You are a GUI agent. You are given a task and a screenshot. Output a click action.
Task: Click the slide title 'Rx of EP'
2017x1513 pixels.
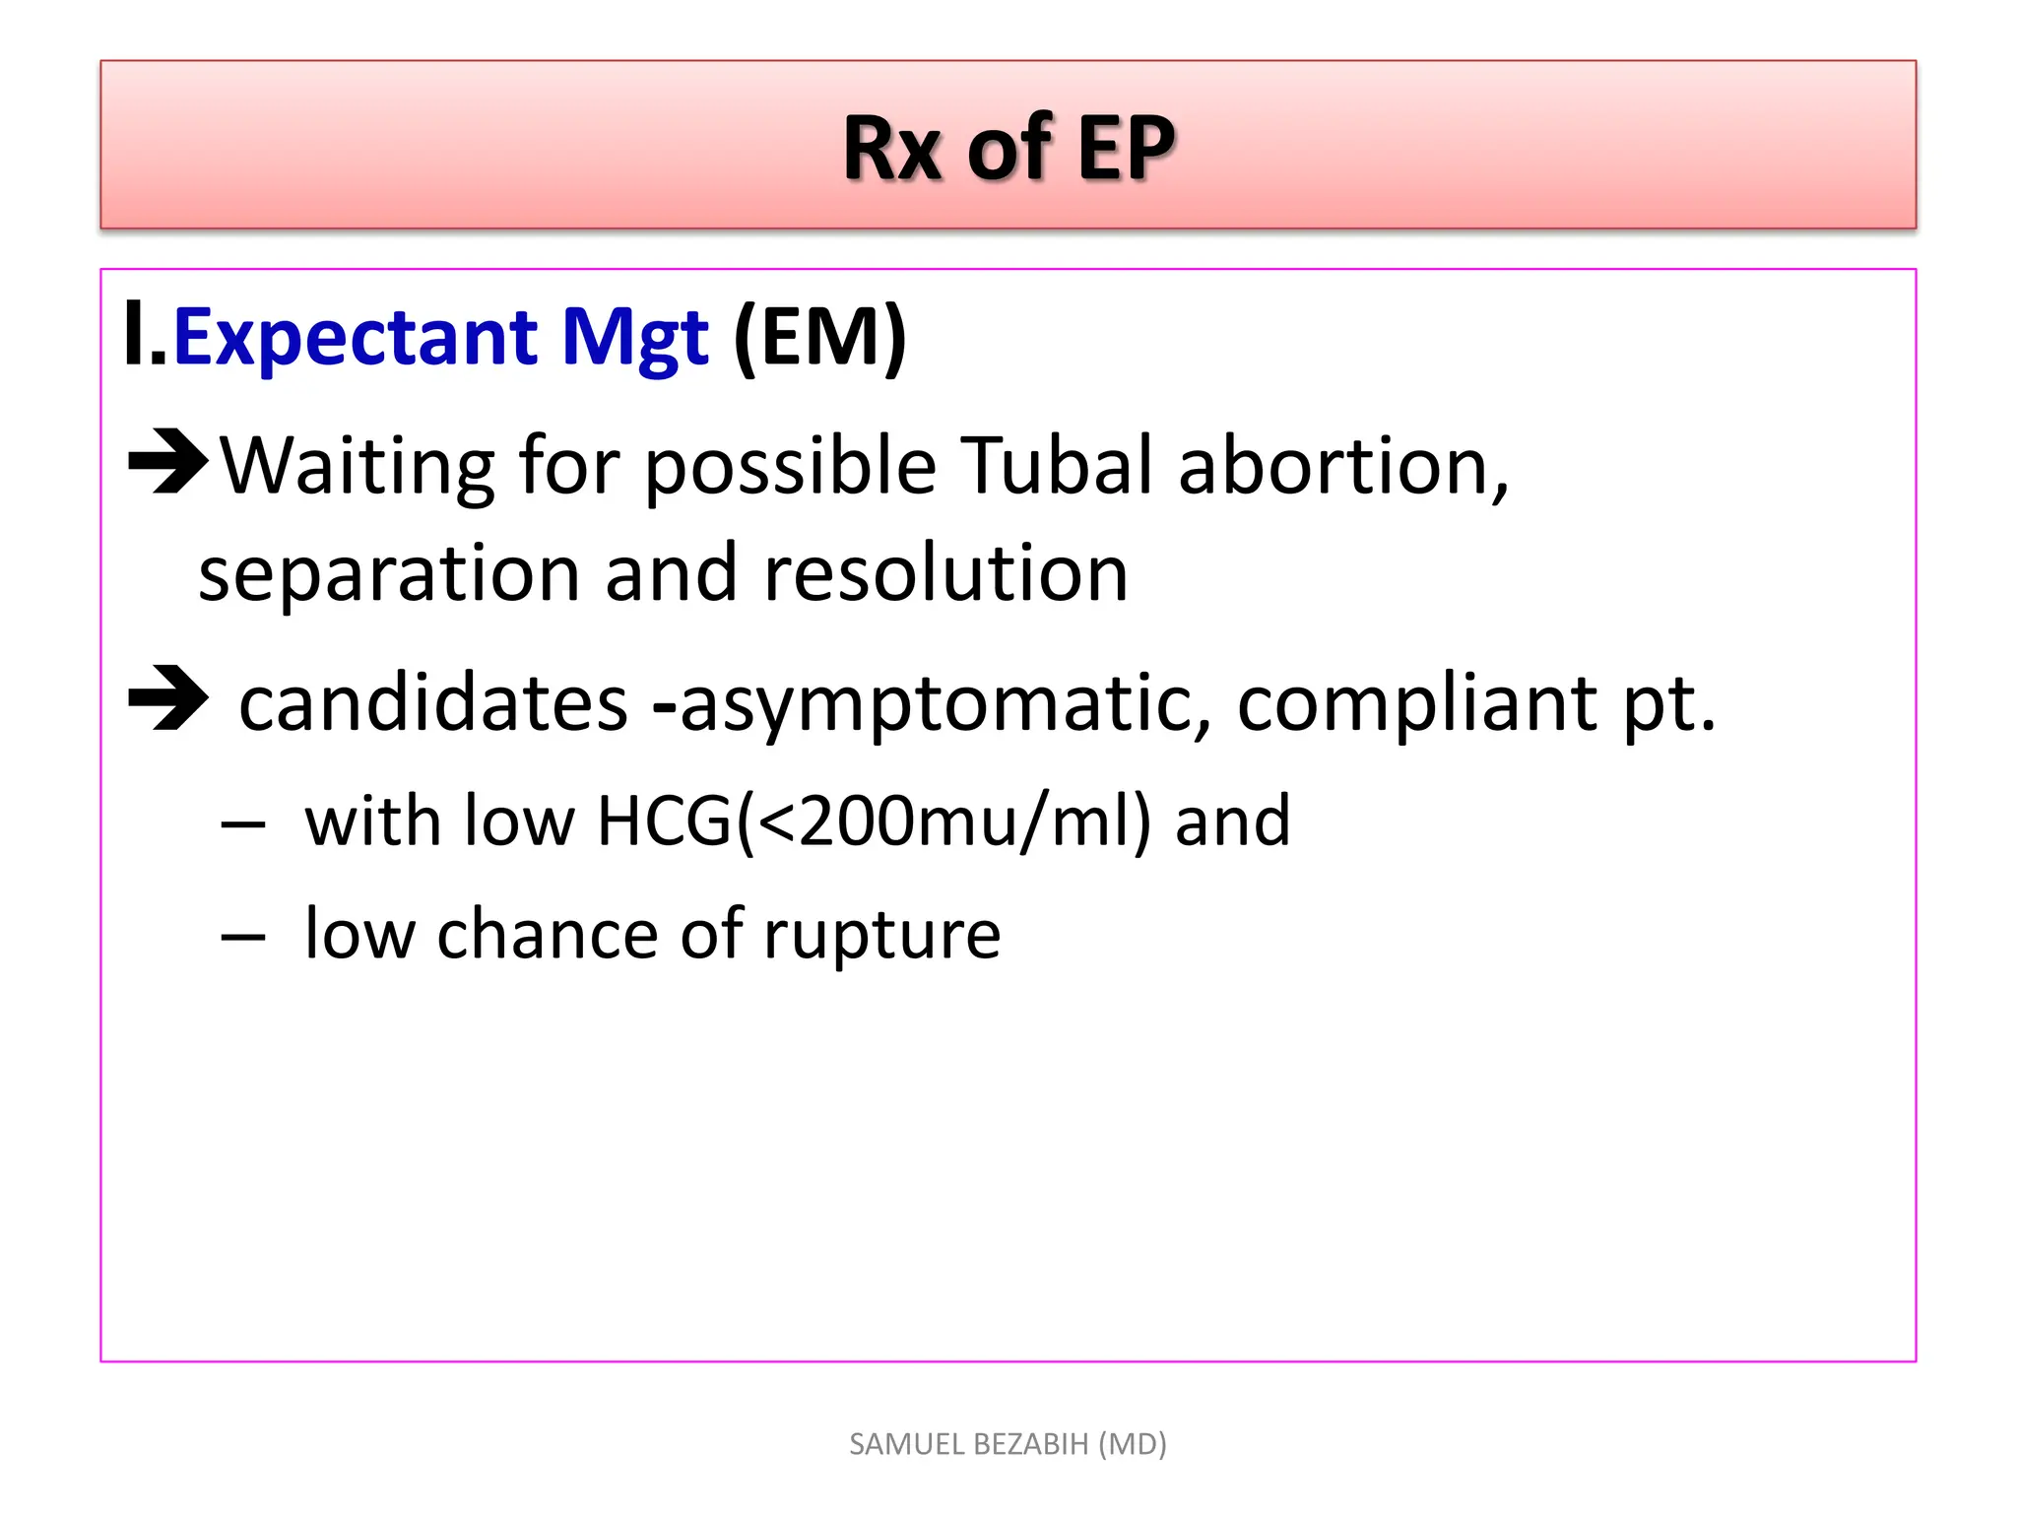(1008, 148)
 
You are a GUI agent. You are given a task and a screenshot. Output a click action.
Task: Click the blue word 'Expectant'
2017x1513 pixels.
(355, 337)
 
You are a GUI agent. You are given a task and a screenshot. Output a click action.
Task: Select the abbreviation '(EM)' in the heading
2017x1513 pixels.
(819, 337)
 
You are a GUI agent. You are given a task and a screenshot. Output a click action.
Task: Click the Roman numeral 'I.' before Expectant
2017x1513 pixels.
(145, 337)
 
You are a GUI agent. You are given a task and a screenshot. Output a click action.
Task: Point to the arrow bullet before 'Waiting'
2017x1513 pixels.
(167, 461)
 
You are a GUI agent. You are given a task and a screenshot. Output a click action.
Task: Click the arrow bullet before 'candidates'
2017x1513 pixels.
(167, 699)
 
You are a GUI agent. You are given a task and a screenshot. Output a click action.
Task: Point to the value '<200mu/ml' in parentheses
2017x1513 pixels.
(943, 822)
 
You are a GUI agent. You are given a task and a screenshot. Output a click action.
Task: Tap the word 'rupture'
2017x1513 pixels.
(881, 934)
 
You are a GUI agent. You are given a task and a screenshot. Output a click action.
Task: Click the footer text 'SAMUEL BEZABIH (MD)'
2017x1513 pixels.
(1008, 1444)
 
